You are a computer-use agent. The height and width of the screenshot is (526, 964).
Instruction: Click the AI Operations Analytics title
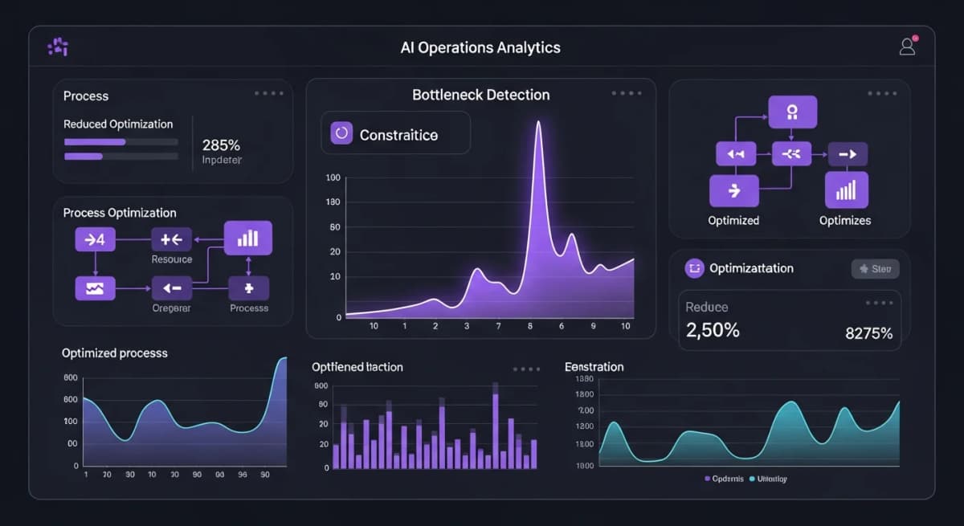click(x=480, y=47)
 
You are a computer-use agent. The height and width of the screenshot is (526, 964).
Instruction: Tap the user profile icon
click(x=907, y=47)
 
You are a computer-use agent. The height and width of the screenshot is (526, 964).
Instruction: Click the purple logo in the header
click(x=58, y=47)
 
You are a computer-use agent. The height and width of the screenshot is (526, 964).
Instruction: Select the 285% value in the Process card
click(x=221, y=145)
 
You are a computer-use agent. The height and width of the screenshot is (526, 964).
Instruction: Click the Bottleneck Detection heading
click(x=480, y=95)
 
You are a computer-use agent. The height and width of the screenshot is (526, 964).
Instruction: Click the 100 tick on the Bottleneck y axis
click(x=333, y=177)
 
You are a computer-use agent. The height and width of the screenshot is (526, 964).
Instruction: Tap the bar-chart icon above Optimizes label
click(x=846, y=190)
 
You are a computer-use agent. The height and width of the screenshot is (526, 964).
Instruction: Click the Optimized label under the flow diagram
click(x=733, y=220)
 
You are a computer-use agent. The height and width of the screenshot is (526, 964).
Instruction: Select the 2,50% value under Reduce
click(x=713, y=329)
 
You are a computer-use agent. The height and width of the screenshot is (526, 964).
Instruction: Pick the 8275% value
click(x=868, y=333)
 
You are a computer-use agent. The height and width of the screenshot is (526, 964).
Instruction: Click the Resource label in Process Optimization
click(x=172, y=259)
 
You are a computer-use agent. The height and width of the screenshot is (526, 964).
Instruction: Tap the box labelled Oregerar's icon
click(x=172, y=287)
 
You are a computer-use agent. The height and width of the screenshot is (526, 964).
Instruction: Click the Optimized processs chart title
click(x=115, y=353)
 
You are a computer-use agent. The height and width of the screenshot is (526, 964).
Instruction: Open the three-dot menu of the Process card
click(x=268, y=93)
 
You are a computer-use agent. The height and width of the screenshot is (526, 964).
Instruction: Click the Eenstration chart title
click(x=594, y=367)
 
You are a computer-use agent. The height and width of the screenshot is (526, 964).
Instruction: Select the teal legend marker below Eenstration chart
click(x=752, y=479)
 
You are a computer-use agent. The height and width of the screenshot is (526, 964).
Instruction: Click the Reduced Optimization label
click(x=118, y=124)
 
